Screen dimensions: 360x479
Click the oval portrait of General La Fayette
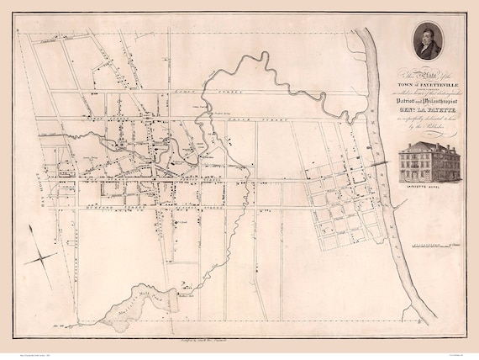click(428, 40)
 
